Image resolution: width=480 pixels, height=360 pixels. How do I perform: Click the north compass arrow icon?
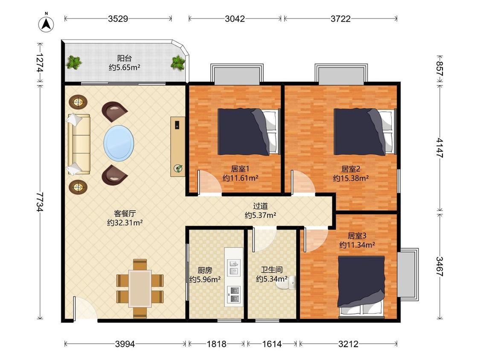point(46,24)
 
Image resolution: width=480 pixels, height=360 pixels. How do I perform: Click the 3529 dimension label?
point(118,19)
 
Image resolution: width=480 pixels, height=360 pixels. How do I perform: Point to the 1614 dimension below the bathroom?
point(272,344)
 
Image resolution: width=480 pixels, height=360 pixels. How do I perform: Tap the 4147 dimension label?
point(439,148)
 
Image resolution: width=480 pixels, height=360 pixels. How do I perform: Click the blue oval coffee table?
point(119,143)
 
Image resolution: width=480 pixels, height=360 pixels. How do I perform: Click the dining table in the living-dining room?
point(140,288)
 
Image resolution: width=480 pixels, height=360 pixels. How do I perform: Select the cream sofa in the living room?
point(79,145)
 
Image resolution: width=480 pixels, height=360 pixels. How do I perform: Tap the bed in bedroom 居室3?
point(361,287)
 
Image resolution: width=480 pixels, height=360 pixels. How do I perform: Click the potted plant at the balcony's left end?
point(74,62)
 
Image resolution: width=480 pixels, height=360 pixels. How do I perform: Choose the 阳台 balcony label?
point(125,58)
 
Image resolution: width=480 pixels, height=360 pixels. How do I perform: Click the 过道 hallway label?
point(261,206)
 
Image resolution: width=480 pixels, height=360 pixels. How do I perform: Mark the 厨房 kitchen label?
point(205,270)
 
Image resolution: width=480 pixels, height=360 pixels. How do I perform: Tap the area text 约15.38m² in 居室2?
point(351,178)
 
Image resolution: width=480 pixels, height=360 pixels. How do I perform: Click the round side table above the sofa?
point(78,102)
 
